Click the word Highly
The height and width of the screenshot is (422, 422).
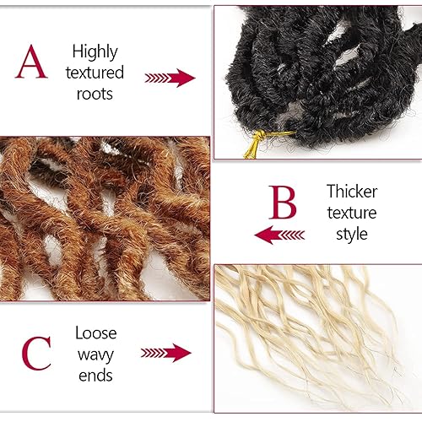click(x=95, y=52)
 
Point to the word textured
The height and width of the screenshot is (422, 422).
click(x=95, y=73)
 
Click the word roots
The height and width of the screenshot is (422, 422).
click(x=95, y=94)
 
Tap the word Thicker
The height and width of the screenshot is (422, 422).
click(x=351, y=192)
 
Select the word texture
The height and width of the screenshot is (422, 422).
click(x=351, y=212)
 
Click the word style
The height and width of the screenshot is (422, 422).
click(x=351, y=233)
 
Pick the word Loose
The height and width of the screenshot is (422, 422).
click(x=95, y=333)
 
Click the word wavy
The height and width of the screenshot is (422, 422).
click(x=95, y=353)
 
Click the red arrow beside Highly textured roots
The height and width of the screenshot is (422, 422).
click(x=170, y=78)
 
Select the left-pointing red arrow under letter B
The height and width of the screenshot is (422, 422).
click(x=279, y=234)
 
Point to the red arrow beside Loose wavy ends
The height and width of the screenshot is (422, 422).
click(x=166, y=352)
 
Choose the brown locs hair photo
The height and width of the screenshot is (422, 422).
click(x=105, y=218)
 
